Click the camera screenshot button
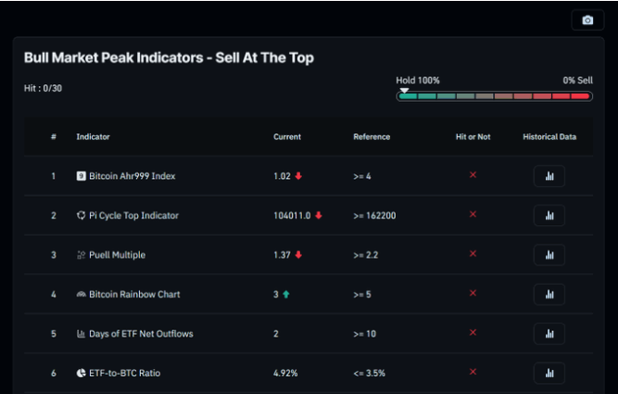point(587,20)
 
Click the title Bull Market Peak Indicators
point(169,57)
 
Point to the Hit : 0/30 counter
point(43,88)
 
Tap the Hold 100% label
point(418,81)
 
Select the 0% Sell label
point(577,81)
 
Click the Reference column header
point(372,137)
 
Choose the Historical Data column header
point(549,137)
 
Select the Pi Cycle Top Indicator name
point(133,215)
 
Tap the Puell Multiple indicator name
point(117,255)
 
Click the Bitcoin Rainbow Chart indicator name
point(134,294)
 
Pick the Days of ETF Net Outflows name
point(141,334)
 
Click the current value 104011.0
point(293,215)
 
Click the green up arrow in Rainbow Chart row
point(286,294)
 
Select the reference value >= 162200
point(374,215)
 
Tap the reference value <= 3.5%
point(369,373)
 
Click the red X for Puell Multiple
point(473,254)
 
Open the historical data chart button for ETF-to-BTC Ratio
point(549,373)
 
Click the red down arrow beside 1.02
point(299,176)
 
